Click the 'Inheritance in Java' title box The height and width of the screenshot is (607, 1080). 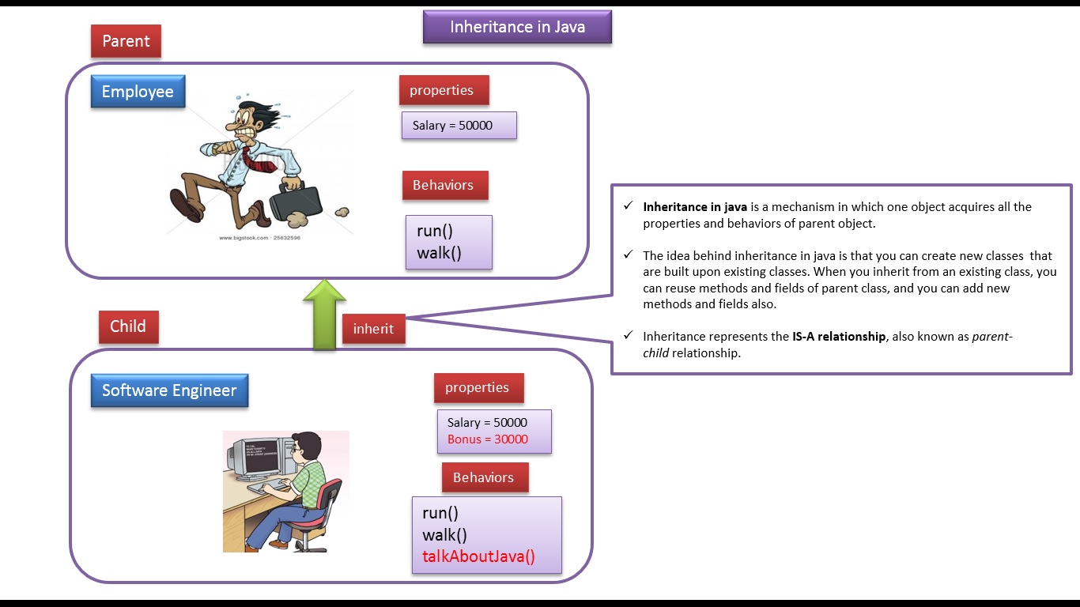tap(517, 27)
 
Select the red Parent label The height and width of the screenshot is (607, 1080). tap(126, 41)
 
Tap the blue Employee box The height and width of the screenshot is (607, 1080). tap(138, 92)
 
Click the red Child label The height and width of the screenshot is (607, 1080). tap(128, 326)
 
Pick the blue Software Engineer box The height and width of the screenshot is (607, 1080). tap(169, 390)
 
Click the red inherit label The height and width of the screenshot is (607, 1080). tap(373, 328)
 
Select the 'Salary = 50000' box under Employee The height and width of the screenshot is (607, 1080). tap(459, 126)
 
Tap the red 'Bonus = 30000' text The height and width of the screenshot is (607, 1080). tap(488, 439)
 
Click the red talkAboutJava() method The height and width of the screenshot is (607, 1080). tap(478, 556)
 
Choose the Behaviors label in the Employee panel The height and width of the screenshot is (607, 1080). tap(443, 185)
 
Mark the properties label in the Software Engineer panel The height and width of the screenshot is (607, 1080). tap(477, 387)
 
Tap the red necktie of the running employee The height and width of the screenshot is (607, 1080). tap(253, 157)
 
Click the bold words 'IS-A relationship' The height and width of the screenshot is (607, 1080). tap(838, 336)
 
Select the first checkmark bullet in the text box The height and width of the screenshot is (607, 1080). tap(628, 206)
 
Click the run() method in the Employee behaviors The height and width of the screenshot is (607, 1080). tap(435, 232)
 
